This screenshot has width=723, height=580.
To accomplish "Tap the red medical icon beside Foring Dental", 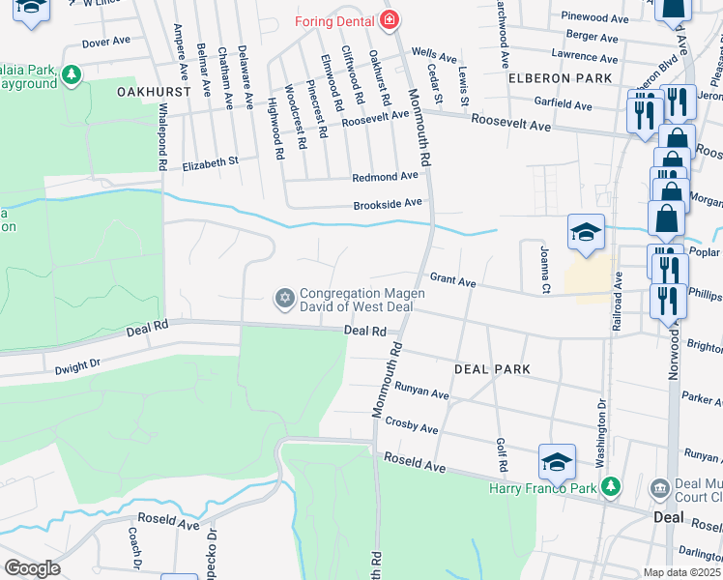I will (390, 19).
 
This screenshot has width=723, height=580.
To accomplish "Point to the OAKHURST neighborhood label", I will (150, 90).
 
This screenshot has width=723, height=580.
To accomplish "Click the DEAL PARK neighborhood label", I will (493, 369).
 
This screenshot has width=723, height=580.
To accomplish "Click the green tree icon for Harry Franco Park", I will (609, 485).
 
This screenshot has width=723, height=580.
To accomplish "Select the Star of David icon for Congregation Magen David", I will (284, 296).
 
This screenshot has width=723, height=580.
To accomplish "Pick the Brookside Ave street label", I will (388, 203).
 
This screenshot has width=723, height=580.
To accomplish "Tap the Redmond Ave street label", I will (385, 177).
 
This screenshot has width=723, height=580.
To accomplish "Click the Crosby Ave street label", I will (412, 424).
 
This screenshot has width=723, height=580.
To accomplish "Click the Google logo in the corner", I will (32, 568).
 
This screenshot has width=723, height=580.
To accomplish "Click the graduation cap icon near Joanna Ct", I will (586, 232).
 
